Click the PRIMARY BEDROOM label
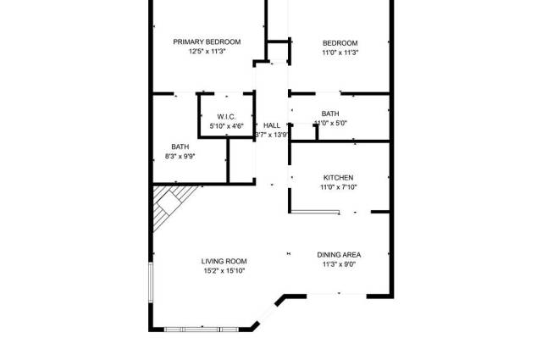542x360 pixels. (x=207, y=42)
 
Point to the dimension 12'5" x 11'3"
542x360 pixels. (x=207, y=52)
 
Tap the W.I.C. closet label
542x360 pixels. (x=226, y=117)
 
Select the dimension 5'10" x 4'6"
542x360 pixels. (x=226, y=126)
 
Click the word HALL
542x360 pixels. (x=272, y=125)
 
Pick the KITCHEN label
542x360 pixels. (x=339, y=178)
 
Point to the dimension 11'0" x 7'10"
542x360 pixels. (x=339, y=187)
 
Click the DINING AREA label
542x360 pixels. (x=339, y=255)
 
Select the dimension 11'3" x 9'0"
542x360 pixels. (x=339, y=264)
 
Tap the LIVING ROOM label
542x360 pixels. (x=224, y=262)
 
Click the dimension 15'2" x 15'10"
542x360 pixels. (x=224, y=271)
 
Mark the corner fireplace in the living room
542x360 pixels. (x=171, y=207)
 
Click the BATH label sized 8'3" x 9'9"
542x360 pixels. (x=180, y=147)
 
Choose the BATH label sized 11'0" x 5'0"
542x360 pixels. (x=330, y=114)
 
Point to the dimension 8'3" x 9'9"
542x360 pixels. (x=180, y=157)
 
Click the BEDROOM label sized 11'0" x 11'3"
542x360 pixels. (x=340, y=43)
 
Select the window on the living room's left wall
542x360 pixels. (x=151, y=282)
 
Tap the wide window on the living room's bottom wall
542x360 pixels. (x=202, y=330)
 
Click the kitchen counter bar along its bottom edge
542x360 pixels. (x=314, y=211)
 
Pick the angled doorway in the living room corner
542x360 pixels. (x=268, y=313)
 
